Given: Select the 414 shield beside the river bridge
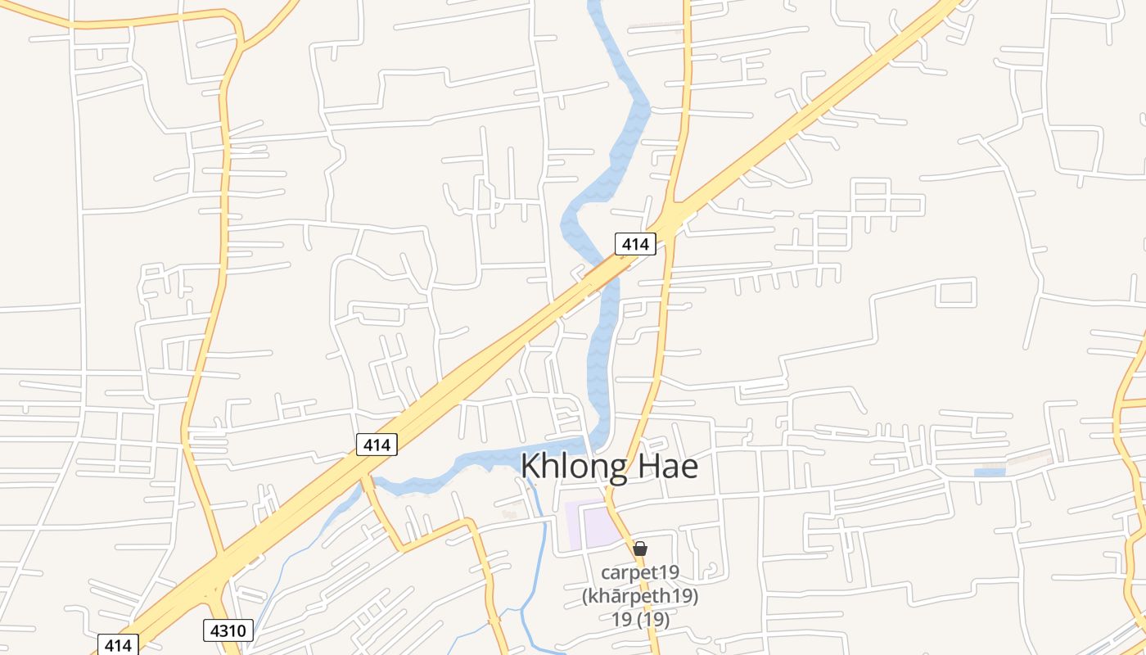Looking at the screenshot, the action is [x=635, y=243].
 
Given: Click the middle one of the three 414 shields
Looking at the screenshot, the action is [x=377, y=445].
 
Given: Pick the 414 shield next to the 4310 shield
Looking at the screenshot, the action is [x=118, y=644].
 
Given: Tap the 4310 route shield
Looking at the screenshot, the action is [x=228, y=630].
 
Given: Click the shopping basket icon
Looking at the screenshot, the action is [x=640, y=549].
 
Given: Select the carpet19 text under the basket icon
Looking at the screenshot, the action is [x=640, y=571].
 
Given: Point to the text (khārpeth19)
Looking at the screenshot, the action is [x=640, y=596].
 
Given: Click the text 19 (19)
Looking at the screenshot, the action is [x=640, y=620].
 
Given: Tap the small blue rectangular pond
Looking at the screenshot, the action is [x=989, y=472].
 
